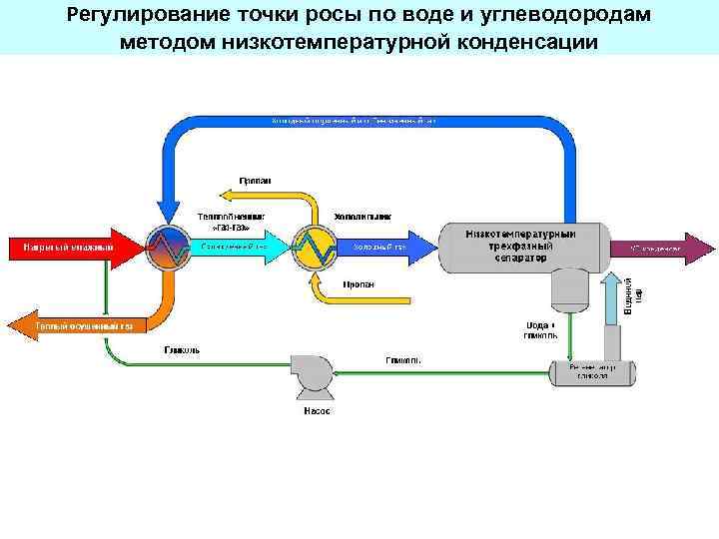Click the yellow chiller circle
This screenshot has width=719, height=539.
[316, 246]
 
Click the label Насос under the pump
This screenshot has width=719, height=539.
[317, 411]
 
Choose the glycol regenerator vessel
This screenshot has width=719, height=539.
[593, 372]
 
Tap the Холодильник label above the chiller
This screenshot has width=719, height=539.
[361, 215]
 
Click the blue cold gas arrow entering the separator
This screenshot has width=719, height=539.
[389, 246]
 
